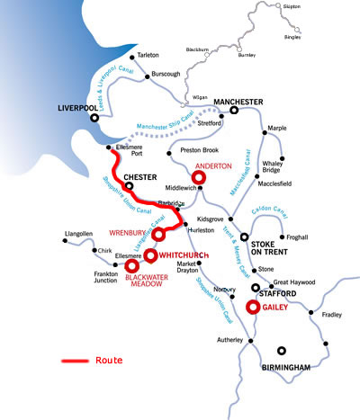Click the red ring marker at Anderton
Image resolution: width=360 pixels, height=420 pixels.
[x=200, y=178]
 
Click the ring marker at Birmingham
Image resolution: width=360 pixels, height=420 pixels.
[x=282, y=351]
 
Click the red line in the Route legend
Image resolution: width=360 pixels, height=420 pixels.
[x=75, y=361]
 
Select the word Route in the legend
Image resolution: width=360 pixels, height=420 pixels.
[x=108, y=361]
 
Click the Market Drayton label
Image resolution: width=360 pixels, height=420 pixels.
[x=189, y=267]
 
